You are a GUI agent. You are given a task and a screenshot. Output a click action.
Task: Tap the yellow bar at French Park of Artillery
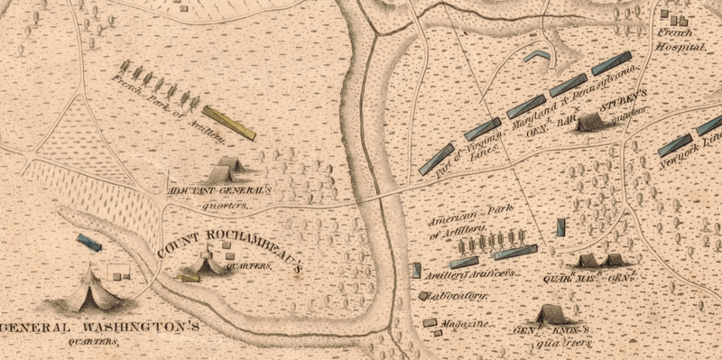pos(229,123)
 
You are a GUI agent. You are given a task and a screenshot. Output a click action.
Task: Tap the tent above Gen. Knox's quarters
pos(550,314)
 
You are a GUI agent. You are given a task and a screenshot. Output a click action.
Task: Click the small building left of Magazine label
pos(430,321)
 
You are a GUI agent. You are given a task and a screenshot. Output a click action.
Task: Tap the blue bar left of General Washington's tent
pos(88,241)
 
